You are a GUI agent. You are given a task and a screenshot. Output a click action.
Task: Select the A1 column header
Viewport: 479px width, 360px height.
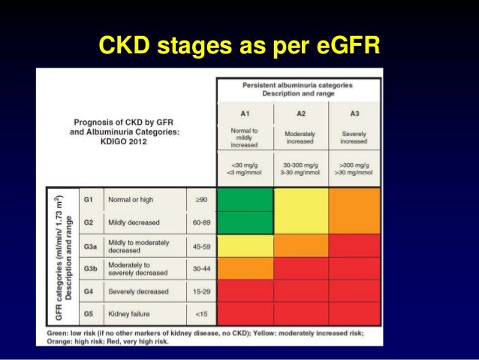pos(245,113)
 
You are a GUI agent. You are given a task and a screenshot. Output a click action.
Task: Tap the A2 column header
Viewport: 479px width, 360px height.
pos(300,113)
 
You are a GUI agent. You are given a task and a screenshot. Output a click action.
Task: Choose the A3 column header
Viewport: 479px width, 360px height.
pos(354,113)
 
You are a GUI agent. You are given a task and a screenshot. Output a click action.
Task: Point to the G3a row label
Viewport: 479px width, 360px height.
pos(90,246)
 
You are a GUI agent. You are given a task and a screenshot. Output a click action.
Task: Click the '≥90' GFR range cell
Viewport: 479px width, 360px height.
pos(200,200)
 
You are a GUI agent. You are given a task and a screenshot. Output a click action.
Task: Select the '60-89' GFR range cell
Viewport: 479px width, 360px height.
pos(200,223)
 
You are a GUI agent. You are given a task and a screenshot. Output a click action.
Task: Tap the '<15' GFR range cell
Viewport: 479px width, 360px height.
pos(200,313)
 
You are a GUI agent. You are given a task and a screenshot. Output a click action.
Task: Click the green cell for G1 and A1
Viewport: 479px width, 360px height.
pos(245,200)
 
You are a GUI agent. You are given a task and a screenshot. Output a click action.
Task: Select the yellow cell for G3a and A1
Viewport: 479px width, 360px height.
pos(245,246)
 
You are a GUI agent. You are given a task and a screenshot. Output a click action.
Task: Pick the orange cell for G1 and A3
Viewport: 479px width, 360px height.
pos(354,200)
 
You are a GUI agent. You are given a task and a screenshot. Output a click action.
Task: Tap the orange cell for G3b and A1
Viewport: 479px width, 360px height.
pos(245,268)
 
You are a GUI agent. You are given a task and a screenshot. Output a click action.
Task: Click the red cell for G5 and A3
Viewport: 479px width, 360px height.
pos(354,313)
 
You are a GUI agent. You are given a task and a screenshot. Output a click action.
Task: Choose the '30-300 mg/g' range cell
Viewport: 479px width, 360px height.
pos(300,165)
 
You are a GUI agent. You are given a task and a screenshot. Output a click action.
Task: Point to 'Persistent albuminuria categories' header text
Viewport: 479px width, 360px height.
pos(297,86)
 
